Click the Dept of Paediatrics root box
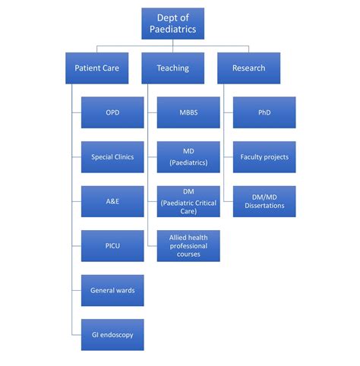[172, 24]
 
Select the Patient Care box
[96, 68]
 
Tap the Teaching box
[172, 68]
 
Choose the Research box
[248, 68]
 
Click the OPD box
[112, 112]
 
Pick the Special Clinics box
[112, 157]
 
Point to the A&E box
[112, 201]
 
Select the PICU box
[112, 246]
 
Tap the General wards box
[112, 290]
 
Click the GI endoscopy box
[112, 335]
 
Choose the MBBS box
[188, 112]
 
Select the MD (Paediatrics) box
[188, 157]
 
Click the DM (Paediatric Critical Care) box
[188, 201]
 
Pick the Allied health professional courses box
[188, 246]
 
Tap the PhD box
[264, 112]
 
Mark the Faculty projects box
[264, 157]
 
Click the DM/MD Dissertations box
[264, 201]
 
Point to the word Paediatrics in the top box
[173, 30]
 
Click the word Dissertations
[264, 207]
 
